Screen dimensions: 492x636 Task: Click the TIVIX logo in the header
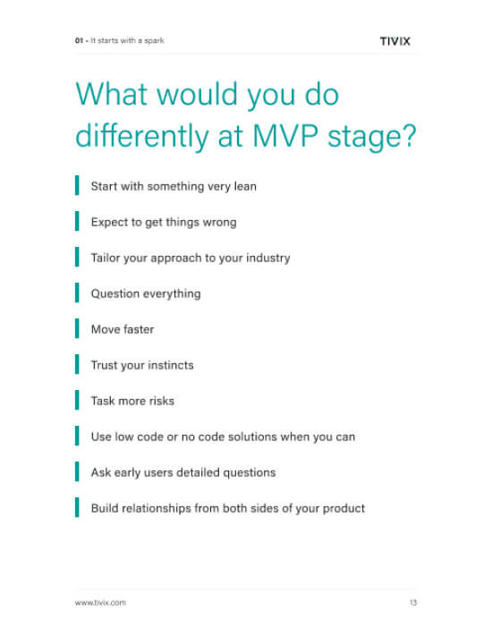coord(395,41)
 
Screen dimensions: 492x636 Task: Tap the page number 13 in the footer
coord(413,602)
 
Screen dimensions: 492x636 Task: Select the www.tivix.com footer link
coord(100,602)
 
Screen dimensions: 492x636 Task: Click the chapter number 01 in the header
coord(79,40)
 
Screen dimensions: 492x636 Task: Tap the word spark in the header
coord(154,40)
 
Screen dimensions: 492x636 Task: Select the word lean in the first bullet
coord(245,186)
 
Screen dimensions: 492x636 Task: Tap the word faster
coord(139,329)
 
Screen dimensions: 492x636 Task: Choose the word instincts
coord(170,365)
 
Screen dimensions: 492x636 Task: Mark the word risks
coord(161,401)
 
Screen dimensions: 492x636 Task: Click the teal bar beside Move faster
coord(77,328)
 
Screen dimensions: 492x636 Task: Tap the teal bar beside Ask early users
coord(77,471)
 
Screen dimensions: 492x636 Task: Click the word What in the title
coord(112,94)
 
